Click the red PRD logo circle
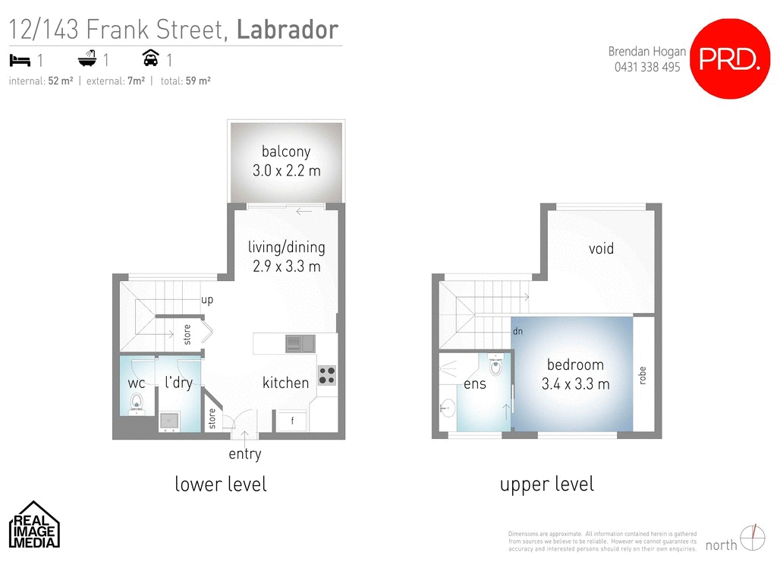728,59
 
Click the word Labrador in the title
287,30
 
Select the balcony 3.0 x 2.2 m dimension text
286,171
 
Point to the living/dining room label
286,247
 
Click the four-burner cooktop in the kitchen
327,375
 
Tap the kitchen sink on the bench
300,344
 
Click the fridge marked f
293,420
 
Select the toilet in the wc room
137,401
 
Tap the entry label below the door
244,454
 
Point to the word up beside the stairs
207,300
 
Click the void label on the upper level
601,249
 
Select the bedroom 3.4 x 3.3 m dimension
575,384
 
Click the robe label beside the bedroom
643,375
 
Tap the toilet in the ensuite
496,366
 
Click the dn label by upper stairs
517,331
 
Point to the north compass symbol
752,537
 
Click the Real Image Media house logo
34,524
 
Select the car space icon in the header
149,59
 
